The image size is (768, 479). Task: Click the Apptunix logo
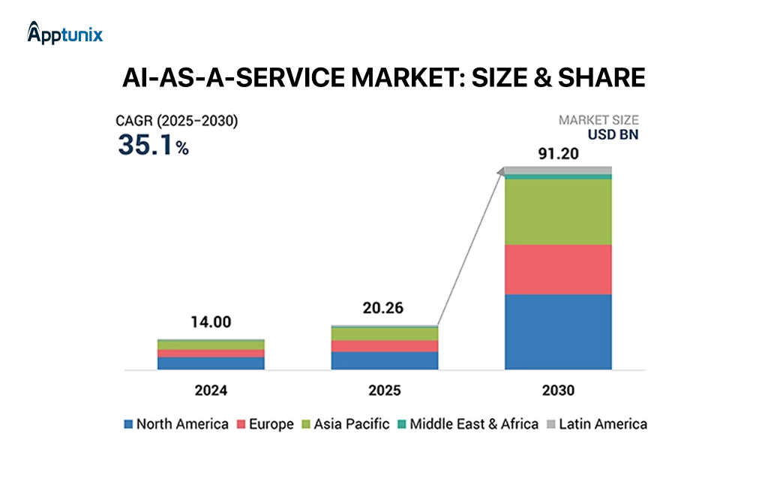click(x=64, y=33)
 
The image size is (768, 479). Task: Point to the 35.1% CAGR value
click(x=153, y=146)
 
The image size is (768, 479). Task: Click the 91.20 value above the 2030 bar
click(x=558, y=154)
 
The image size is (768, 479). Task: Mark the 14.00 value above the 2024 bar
click(x=211, y=322)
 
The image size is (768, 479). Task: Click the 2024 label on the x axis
click(x=211, y=390)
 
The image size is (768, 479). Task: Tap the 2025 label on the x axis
click(x=385, y=390)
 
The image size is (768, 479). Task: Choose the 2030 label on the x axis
click(x=558, y=390)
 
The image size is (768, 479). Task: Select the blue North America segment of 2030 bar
click(x=558, y=332)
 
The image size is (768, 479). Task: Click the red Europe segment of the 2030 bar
click(x=558, y=269)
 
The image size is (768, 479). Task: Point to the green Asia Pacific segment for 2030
click(x=558, y=212)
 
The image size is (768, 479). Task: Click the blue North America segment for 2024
click(x=211, y=363)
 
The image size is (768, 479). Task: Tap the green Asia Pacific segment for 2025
click(x=385, y=334)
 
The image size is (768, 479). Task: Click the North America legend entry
click(x=175, y=424)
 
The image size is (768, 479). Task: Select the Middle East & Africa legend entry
click(x=467, y=424)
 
